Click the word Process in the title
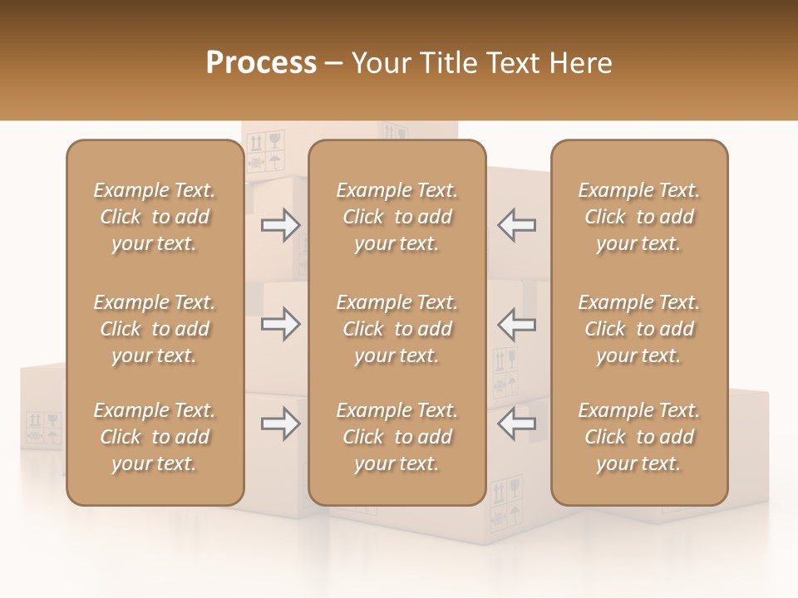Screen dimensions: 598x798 pos(261,63)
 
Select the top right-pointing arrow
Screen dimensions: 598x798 pos(281,225)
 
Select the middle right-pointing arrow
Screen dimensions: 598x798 pos(281,324)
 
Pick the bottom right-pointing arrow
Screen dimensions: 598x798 pos(281,424)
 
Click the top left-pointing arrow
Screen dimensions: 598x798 pos(516,225)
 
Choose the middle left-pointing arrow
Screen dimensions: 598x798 pos(516,324)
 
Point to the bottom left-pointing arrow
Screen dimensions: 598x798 pos(516,424)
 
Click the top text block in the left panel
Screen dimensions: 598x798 pos(155,217)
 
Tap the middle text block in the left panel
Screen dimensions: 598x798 pos(155,329)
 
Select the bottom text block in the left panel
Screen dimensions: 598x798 pos(155,437)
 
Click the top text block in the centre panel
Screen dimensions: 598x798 pos(397,217)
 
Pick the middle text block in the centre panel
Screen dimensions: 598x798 pos(397,329)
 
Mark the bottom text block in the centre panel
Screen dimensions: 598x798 pos(397,437)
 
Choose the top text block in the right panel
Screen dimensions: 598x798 pos(638,217)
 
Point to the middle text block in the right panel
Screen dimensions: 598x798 pos(638,329)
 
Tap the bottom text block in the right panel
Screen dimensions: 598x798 pos(638,437)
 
